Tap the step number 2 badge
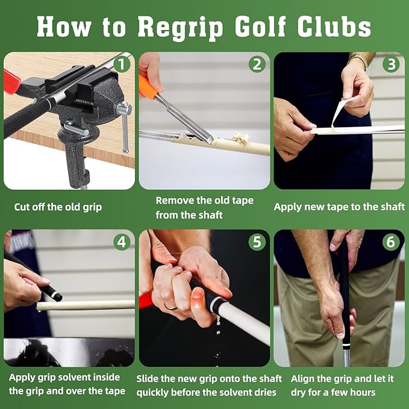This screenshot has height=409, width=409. (x=257, y=64)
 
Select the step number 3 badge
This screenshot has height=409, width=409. (x=392, y=64)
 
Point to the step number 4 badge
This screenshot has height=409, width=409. (x=123, y=242)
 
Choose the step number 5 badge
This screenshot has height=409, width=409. (x=257, y=242)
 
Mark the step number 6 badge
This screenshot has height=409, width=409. (x=392, y=242)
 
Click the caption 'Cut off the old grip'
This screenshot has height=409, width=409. (x=58, y=207)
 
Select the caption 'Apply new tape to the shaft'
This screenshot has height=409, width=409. (x=339, y=207)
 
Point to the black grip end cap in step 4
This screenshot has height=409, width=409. (x=55, y=296)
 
